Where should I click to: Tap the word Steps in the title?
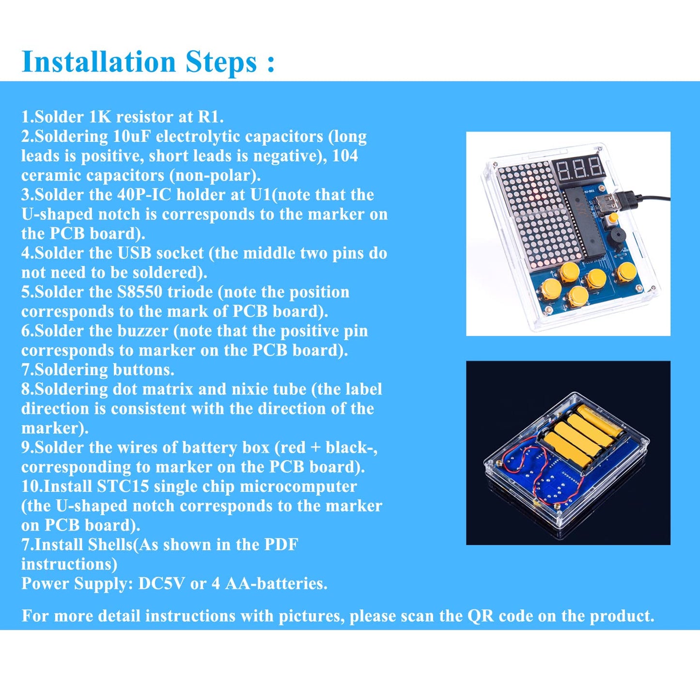pyautogui.click(x=221, y=62)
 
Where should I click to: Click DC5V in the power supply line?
pyautogui.click(x=162, y=584)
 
